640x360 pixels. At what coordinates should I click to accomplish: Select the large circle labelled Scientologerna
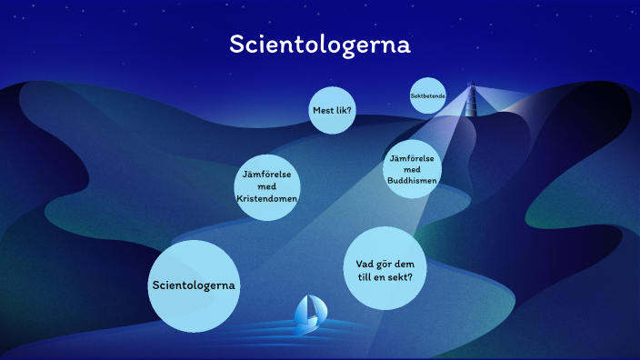pyautogui.click(x=194, y=285)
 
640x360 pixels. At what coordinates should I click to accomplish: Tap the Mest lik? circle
pyautogui.click(x=332, y=111)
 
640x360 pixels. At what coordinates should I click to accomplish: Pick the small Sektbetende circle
pyautogui.click(x=427, y=95)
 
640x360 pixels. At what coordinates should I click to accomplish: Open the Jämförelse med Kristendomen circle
pyautogui.click(x=267, y=185)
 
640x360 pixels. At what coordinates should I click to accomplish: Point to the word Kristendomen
pyautogui.click(x=267, y=198)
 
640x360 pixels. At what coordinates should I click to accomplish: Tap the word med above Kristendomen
pyautogui.click(x=267, y=185)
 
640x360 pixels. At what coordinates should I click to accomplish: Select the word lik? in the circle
pyautogui.click(x=345, y=111)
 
